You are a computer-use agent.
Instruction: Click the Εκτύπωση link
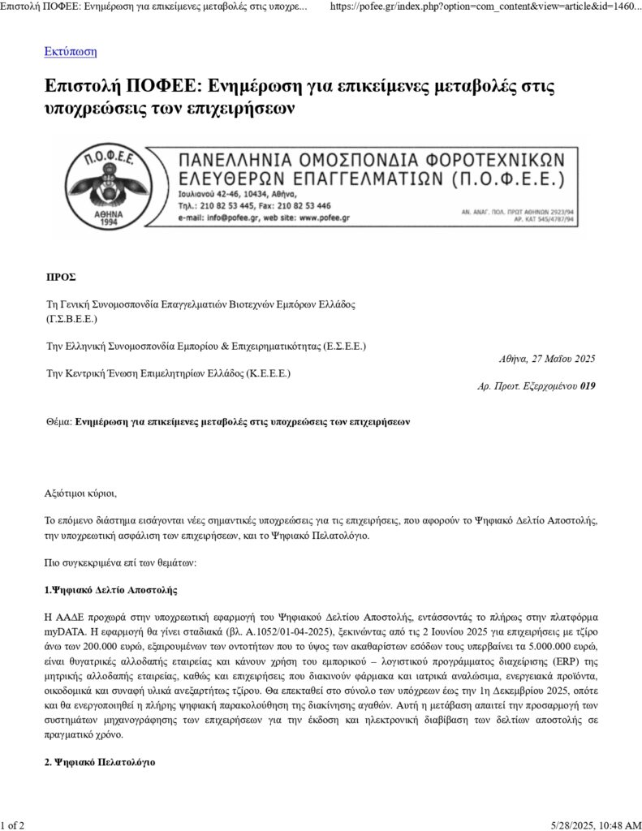coord(71,52)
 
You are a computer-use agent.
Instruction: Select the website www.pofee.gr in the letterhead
coord(323,218)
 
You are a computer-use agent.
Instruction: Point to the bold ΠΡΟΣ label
coord(61,277)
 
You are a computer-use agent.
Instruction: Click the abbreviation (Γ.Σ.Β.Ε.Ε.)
coord(71,319)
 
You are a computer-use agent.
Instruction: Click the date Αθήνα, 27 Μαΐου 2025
coord(546,359)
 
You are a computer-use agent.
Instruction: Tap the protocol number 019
coord(588,386)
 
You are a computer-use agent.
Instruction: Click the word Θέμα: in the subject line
coord(60,422)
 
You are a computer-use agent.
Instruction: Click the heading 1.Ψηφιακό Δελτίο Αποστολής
coord(110,589)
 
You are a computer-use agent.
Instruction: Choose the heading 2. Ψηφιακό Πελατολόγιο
coord(99,763)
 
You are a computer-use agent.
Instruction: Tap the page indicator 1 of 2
coord(12,825)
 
